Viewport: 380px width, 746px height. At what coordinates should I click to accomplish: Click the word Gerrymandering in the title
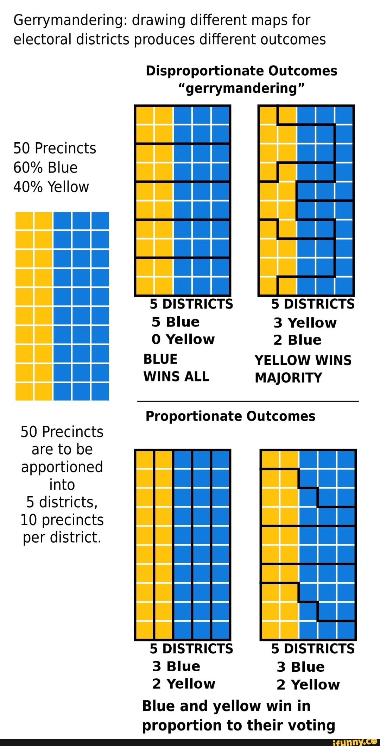(70, 20)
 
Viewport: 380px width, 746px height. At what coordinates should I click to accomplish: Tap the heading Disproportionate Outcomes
(241, 71)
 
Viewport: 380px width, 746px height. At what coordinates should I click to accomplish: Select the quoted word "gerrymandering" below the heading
(241, 88)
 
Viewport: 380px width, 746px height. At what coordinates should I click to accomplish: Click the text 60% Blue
(45, 168)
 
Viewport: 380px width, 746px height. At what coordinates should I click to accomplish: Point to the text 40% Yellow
(51, 187)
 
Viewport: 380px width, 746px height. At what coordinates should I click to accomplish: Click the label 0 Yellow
(183, 339)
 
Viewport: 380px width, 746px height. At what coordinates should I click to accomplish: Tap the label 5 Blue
(176, 322)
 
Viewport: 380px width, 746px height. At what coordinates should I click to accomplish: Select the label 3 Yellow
(305, 323)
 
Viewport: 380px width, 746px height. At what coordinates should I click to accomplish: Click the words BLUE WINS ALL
(176, 368)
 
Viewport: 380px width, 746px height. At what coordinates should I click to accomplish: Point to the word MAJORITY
(288, 378)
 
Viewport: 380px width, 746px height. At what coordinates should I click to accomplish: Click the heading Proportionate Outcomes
(230, 416)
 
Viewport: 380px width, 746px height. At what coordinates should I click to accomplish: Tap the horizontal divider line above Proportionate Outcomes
(248, 401)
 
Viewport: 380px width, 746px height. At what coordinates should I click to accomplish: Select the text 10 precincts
(62, 520)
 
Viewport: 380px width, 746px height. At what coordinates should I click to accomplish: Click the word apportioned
(62, 467)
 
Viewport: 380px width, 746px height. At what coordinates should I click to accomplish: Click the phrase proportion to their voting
(239, 726)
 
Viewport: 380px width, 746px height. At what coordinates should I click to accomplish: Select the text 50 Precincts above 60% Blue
(55, 148)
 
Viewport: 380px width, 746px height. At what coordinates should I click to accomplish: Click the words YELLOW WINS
(303, 360)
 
